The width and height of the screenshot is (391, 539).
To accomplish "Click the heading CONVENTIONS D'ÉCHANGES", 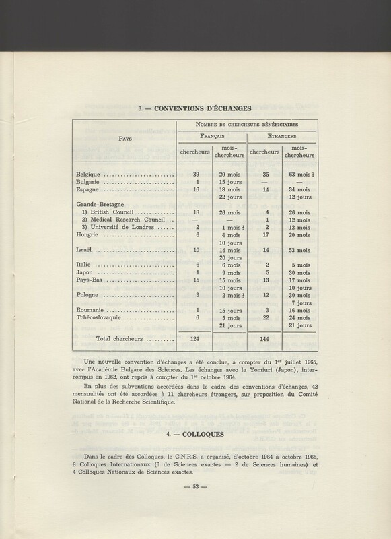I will point(194,106).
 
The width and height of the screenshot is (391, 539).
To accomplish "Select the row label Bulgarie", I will point(90,181).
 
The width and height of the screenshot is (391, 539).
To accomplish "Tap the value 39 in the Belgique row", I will point(197,174).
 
